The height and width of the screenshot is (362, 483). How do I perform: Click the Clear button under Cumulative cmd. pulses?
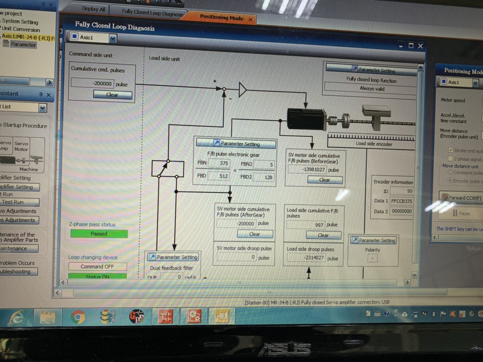(x=112, y=95)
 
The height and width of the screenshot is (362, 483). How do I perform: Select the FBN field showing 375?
(x=219, y=163)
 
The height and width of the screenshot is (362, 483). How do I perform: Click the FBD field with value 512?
(x=219, y=176)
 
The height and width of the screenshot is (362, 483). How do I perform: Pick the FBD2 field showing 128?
(x=263, y=177)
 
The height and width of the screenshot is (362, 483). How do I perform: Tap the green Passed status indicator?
(x=99, y=234)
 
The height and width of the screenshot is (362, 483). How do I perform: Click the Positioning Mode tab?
(x=222, y=18)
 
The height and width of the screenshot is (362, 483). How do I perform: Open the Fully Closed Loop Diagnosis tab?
(x=152, y=13)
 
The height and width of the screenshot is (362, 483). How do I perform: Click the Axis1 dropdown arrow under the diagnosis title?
(x=113, y=39)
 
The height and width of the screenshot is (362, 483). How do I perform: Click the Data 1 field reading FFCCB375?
(x=402, y=201)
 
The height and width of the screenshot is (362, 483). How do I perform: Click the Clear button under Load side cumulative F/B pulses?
(x=323, y=235)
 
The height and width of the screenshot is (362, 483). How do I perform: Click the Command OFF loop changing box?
(x=97, y=267)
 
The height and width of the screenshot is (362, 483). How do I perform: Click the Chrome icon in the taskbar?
(x=78, y=317)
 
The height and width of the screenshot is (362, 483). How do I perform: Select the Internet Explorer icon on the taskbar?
(x=17, y=317)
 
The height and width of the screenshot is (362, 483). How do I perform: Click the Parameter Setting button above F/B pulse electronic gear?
(x=236, y=143)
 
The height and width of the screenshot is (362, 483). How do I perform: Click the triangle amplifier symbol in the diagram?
(x=242, y=90)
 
